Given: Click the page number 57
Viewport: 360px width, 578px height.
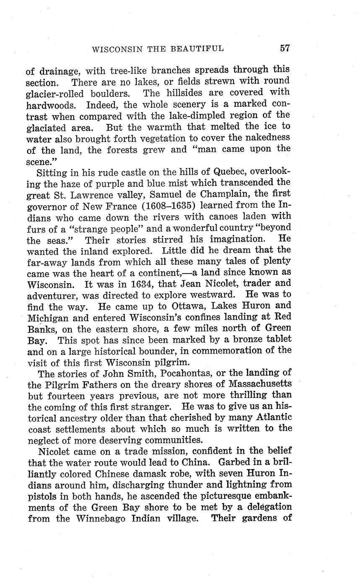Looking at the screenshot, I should [x=285, y=48].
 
